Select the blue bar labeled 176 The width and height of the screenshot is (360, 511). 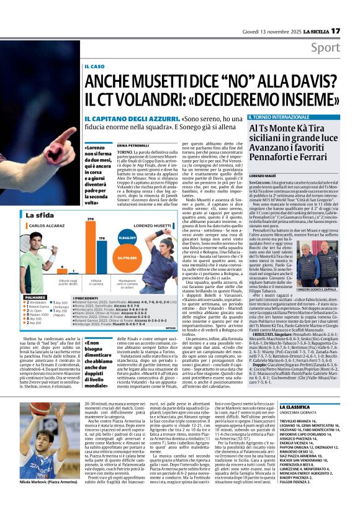pos(103,261)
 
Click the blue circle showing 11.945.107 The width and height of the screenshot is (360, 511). pos(127,237)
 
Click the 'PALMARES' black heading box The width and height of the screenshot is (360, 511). pos(34,297)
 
